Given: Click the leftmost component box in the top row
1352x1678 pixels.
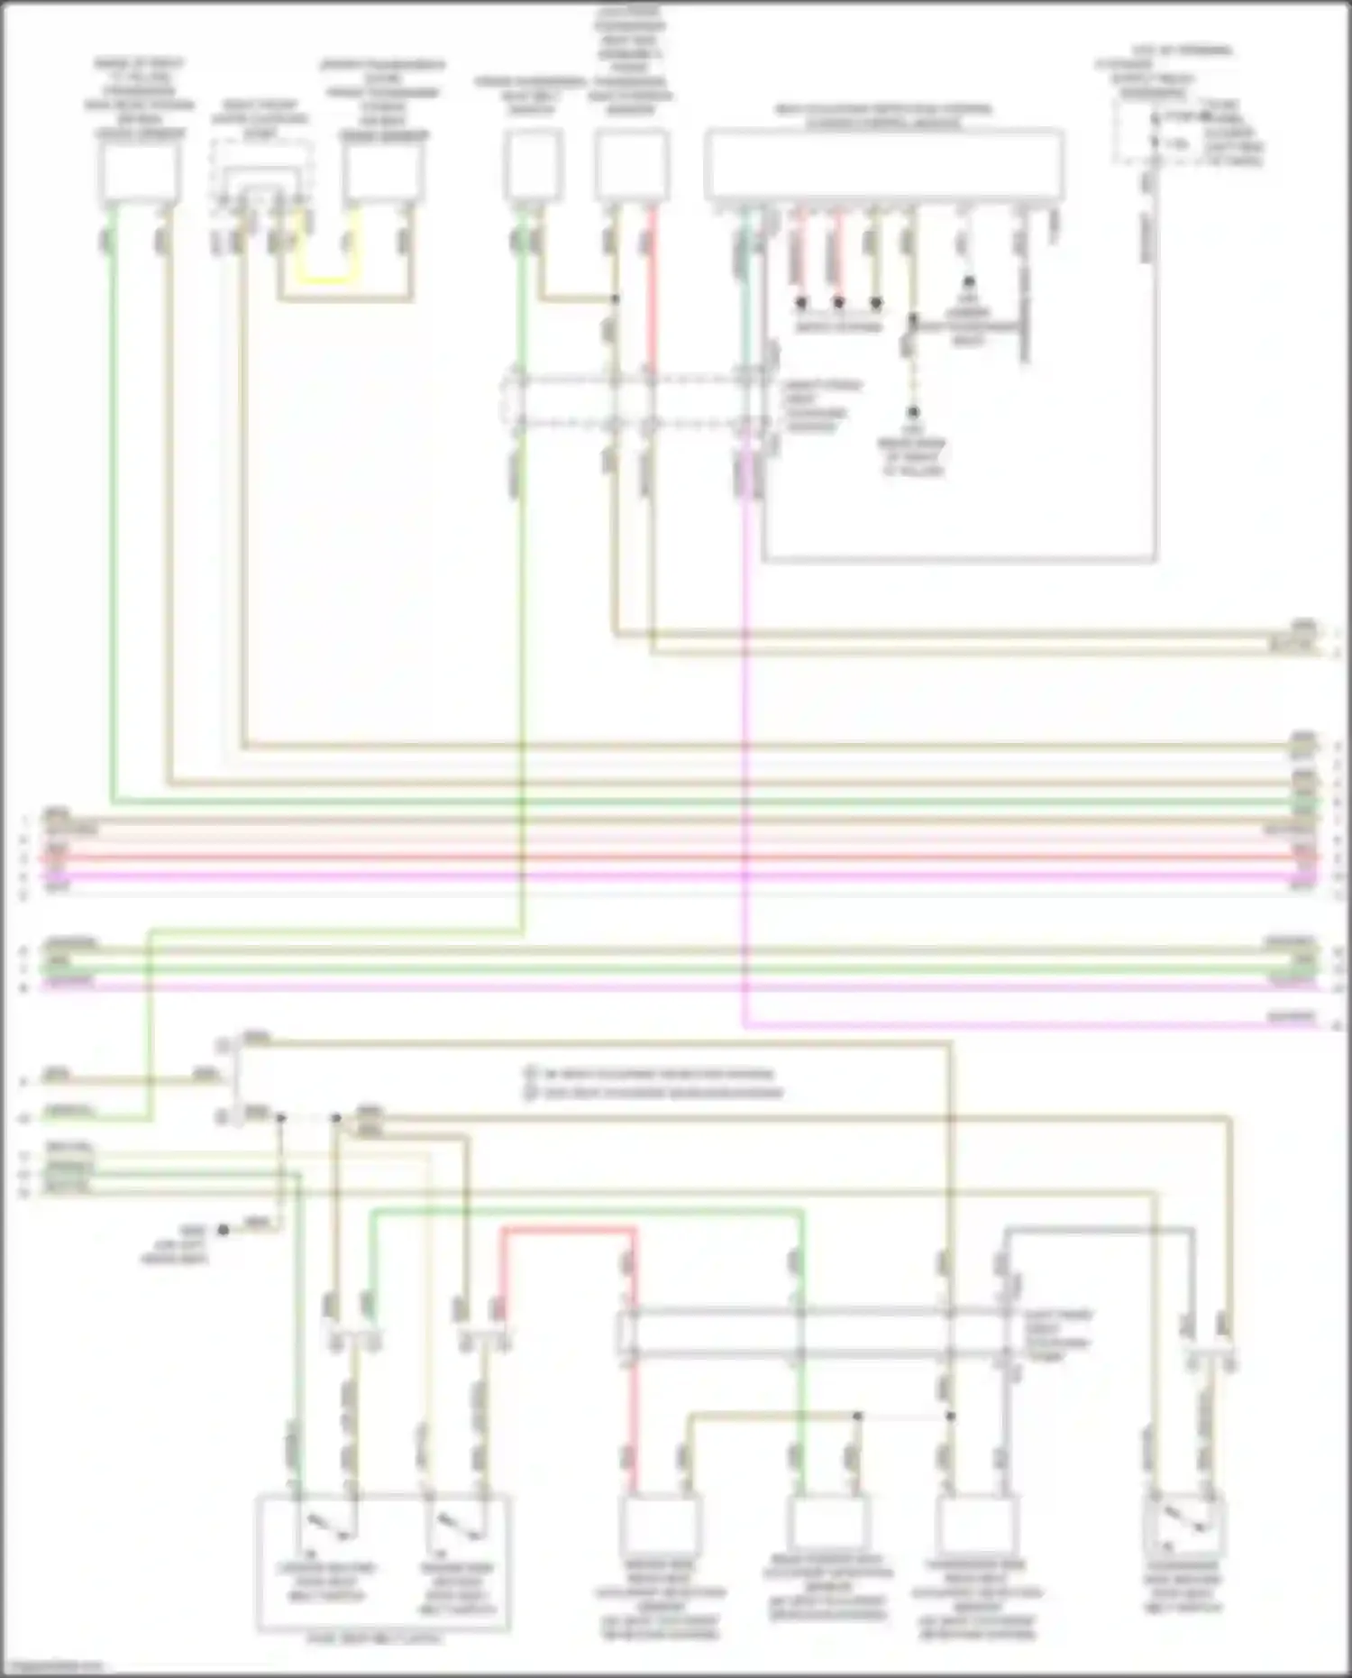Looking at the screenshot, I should tap(139, 171).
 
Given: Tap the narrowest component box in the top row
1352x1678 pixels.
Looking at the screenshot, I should tap(534, 164).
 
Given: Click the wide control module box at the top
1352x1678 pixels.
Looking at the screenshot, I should tap(883, 166).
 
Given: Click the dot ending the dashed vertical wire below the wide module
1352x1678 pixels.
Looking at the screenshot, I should tap(913, 413).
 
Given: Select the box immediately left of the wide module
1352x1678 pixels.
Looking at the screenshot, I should tap(632, 164).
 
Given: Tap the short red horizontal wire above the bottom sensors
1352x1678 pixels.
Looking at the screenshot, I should tap(568, 1231).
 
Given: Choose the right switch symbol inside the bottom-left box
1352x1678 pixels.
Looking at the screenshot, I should tap(456, 1524).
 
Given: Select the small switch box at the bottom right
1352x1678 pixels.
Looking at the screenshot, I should tap(1183, 1524).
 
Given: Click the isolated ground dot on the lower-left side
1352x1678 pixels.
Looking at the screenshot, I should tap(224, 1230).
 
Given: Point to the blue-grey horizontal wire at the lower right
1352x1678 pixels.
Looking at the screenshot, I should tap(1100, 1229).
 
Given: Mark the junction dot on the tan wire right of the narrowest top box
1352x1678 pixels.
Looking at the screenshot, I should tap(615, 298).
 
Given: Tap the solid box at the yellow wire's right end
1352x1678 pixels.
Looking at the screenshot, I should tap(383, 171).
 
